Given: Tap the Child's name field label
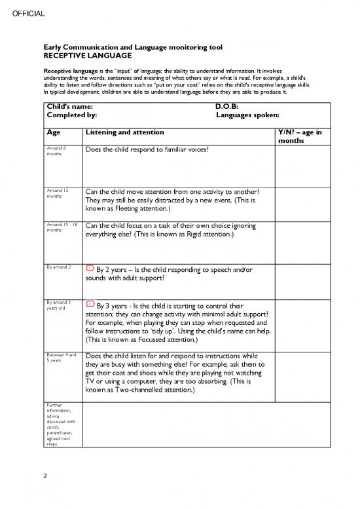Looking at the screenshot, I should click(68, 106).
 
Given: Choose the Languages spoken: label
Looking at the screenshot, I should click(247, 115).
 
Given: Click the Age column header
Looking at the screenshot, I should click(54, 132).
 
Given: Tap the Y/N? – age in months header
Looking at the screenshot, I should click(300, 136).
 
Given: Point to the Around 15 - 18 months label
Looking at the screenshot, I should click(62, 227).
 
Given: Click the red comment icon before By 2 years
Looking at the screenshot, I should click(90, 269).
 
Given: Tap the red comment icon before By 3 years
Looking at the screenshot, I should click(90, 305).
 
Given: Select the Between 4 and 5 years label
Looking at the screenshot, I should click(62, 357).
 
